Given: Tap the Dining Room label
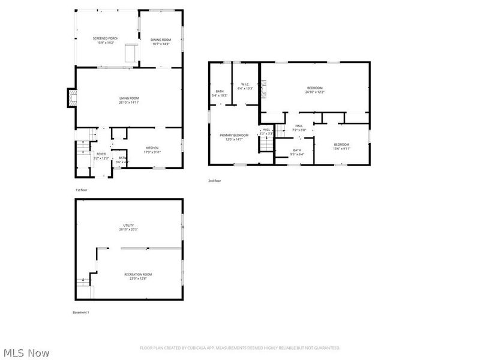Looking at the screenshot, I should tap(161, 41).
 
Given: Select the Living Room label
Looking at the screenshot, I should tap(129, 100).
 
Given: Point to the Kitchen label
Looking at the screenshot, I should tap(152, 149).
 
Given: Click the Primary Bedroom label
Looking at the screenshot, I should tap(233, 137).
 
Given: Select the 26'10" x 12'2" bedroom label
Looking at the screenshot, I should tap(314, 90).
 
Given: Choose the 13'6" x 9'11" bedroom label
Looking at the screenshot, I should tap(341, 146).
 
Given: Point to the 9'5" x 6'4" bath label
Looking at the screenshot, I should tap(297, 152).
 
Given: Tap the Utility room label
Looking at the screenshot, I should tap(129, 227).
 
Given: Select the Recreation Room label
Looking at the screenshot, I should tap(138, 276).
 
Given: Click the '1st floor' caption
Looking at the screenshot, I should tap(82, 190).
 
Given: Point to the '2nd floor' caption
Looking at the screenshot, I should tap(215, 181).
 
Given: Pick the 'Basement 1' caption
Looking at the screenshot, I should tap(80, 313).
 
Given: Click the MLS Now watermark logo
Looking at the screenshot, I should tap(26, 353).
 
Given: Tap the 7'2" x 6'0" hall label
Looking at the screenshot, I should tap(299, 127).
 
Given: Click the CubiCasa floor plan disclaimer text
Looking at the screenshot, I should tap(240, 348).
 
